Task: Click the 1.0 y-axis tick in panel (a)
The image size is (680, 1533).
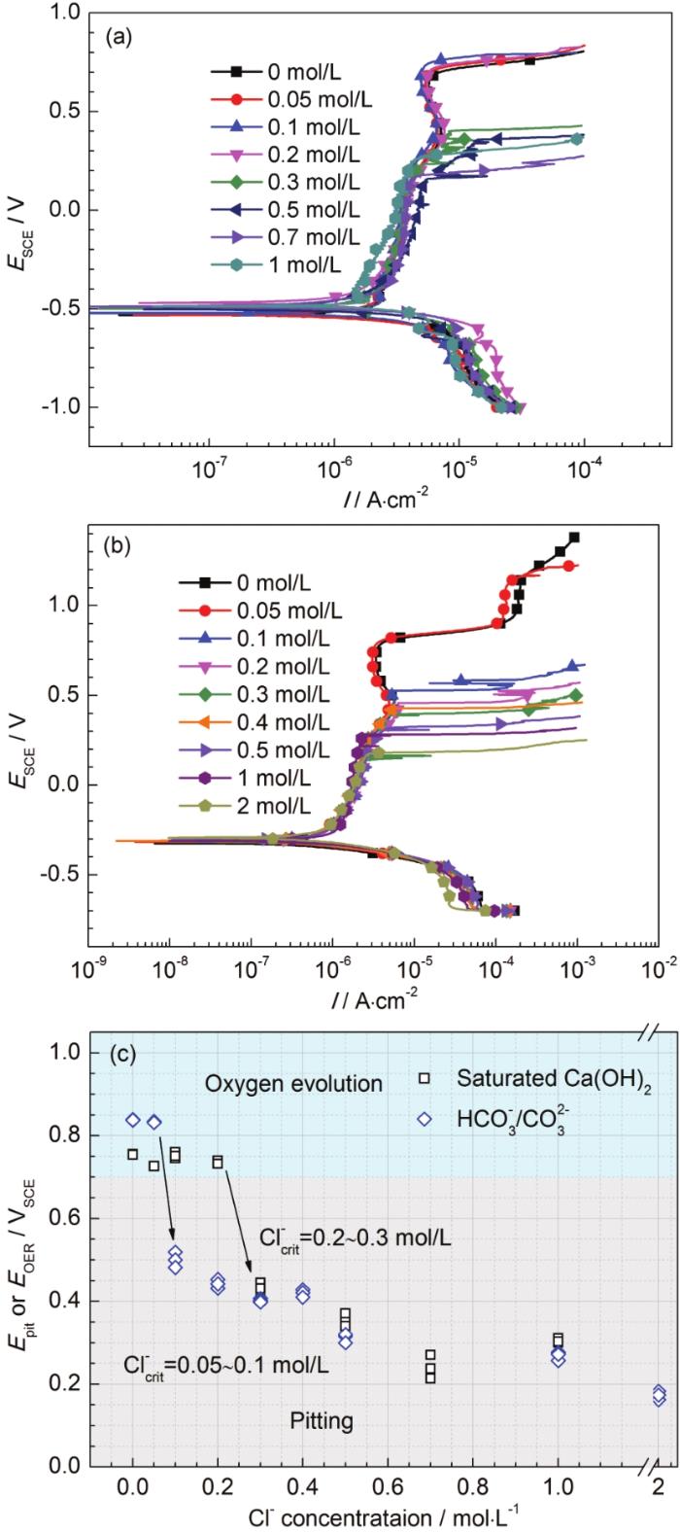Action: tap(63, 13)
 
